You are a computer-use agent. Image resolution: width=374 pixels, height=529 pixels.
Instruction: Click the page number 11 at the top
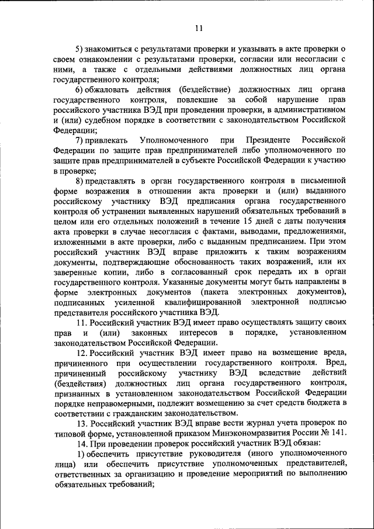click(x=199, y=27)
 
